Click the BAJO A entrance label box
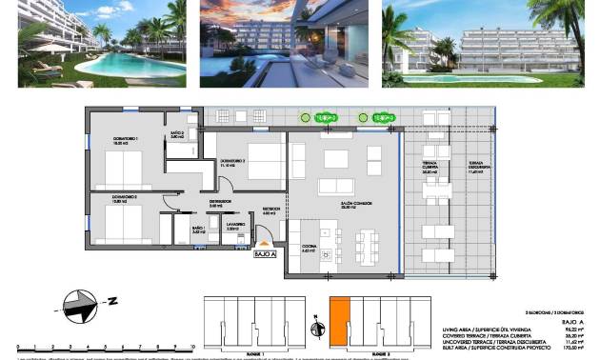(x=265, y=254)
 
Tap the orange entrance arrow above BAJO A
(x=265, y=244)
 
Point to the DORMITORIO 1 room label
(x=126, y=140)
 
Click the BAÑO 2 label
(x=176, y=134)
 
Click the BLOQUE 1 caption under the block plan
(x=251, y=352)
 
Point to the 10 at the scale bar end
(x=192, y=348)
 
